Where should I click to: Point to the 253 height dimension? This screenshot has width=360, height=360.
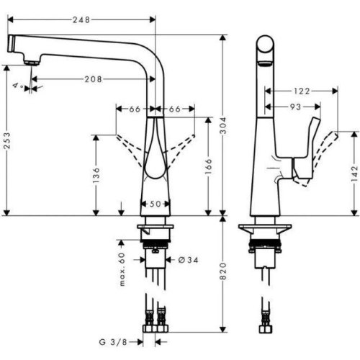pos(7,140)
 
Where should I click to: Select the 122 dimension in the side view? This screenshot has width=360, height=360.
pos(303,91)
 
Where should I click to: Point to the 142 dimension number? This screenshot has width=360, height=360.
pos(355,172)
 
